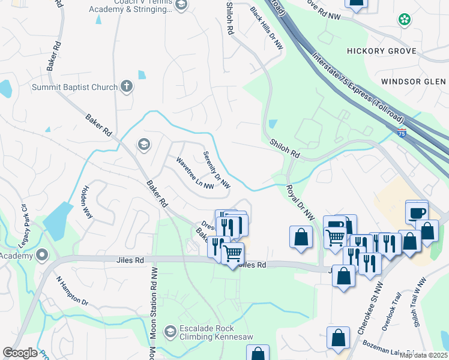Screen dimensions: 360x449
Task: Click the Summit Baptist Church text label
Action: click(x=74, y=87)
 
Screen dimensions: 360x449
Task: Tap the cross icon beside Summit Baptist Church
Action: click(x=126, y=86)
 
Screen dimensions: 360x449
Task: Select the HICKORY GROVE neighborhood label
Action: click(x=381, y=51)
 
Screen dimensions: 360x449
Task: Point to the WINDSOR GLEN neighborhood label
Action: click(x=414, y=81)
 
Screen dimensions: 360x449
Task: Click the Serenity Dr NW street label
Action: click(x=217, y=170)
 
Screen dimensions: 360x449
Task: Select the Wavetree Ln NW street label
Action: click(x=195, y=173)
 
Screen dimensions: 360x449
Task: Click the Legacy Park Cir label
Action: click(x=25, y=219)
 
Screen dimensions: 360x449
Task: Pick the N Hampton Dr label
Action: click(x=72, y=291)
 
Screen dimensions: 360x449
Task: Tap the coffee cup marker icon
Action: click(x=417, y=212)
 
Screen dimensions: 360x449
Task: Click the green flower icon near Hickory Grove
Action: click(x=405, y=20)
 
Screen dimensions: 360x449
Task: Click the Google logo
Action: click(x=20, y=353)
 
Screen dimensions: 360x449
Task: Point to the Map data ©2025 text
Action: click(x=423, y=355)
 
